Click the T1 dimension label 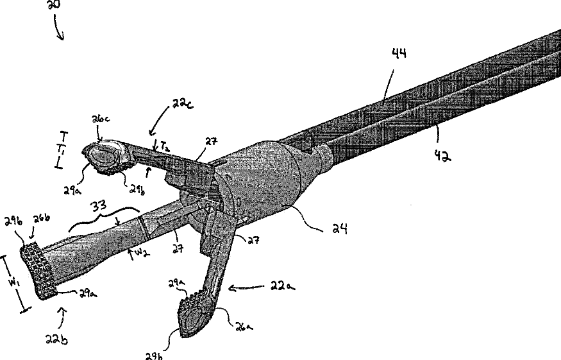63,150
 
